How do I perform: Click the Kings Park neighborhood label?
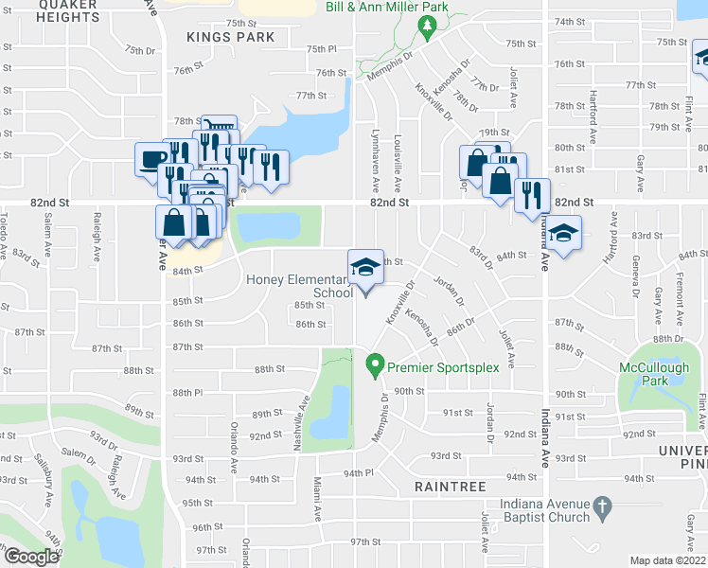pos(231,37)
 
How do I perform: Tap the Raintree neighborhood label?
pos(450,487)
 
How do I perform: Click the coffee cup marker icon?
pos(152,159)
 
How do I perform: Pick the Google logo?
pos(31,557)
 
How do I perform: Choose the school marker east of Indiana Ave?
pos(563,235)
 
